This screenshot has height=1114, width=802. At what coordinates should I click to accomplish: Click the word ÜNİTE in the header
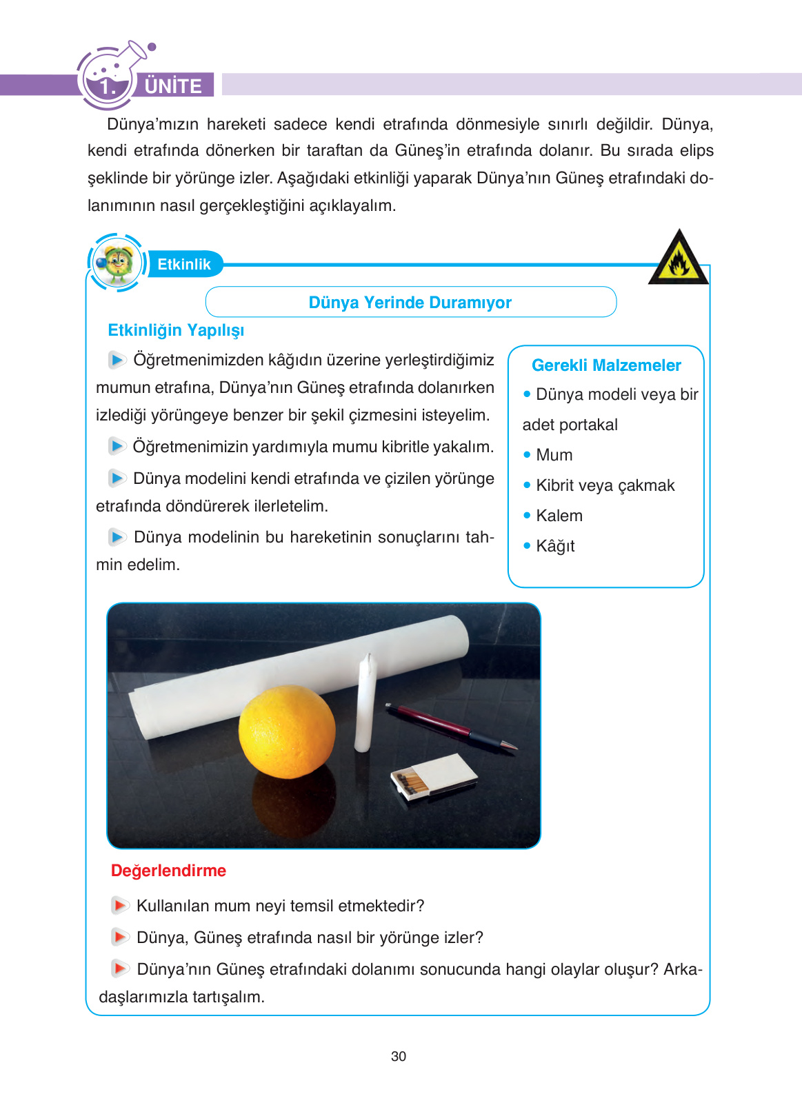[x=173, y=86]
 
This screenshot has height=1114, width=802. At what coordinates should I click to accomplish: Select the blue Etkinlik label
[x=184, y=264]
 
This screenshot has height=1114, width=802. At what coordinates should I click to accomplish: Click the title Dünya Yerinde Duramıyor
[x=410, y=303]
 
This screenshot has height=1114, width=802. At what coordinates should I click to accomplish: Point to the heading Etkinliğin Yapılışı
[x=176, y=330]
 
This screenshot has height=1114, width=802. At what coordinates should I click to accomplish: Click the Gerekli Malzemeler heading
[x=606, y=365]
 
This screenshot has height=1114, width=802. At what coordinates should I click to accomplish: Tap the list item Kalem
[x=559, y=516]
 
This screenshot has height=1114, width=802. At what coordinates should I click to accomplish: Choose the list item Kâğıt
[x=555, y=546]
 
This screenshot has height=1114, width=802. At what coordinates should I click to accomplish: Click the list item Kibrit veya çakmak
[x=605, y=485]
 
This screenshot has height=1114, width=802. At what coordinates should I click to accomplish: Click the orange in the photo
[x=287, y=731]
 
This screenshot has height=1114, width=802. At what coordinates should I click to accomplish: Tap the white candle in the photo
[x=364, y=705]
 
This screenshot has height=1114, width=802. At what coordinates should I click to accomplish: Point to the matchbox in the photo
[x=434, y=776]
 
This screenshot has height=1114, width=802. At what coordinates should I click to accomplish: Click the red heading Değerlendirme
[x=168, y=871]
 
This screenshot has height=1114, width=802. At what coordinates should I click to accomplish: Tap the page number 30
[x=399, y=1056]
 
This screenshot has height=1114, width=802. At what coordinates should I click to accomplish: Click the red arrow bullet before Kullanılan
[x=120, y=905]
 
